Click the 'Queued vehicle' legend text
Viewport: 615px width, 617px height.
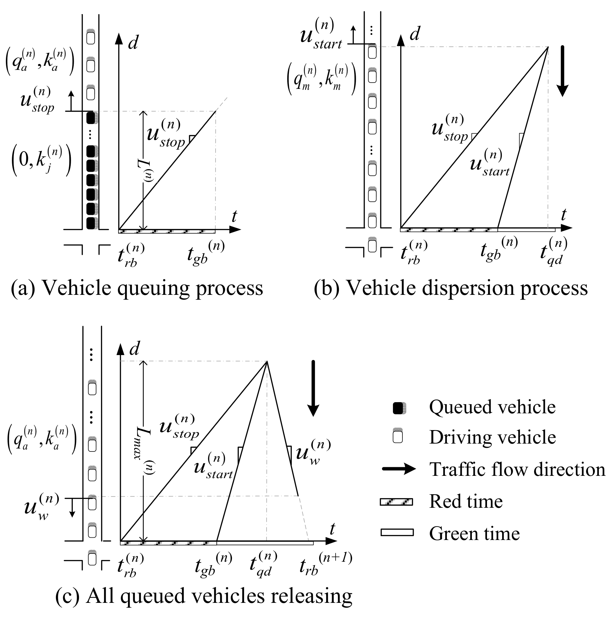(x=492, y=407)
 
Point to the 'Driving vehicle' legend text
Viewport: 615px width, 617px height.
(x=492, y=437)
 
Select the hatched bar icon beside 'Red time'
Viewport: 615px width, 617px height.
(x=396, y=502)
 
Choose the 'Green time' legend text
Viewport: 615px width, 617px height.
(x=474, y=533)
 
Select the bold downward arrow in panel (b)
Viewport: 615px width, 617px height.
(x=562, y=71)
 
